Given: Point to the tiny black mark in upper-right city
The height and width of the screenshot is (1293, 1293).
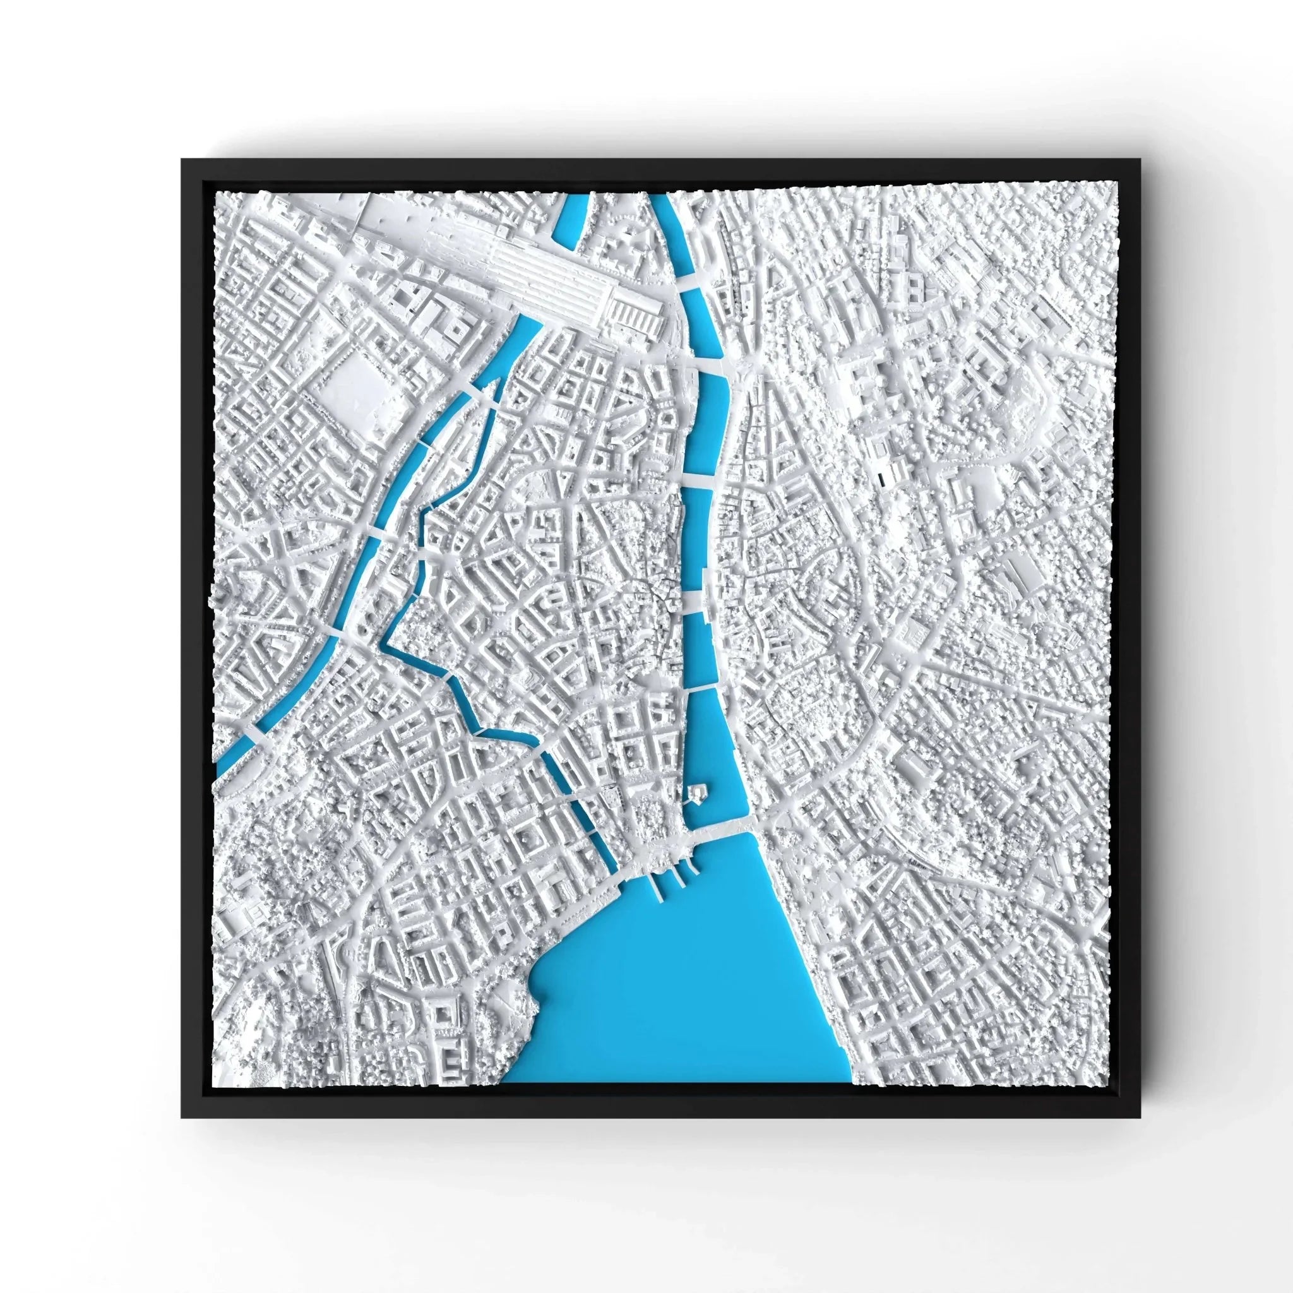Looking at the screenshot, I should click(x=880, y=477).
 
